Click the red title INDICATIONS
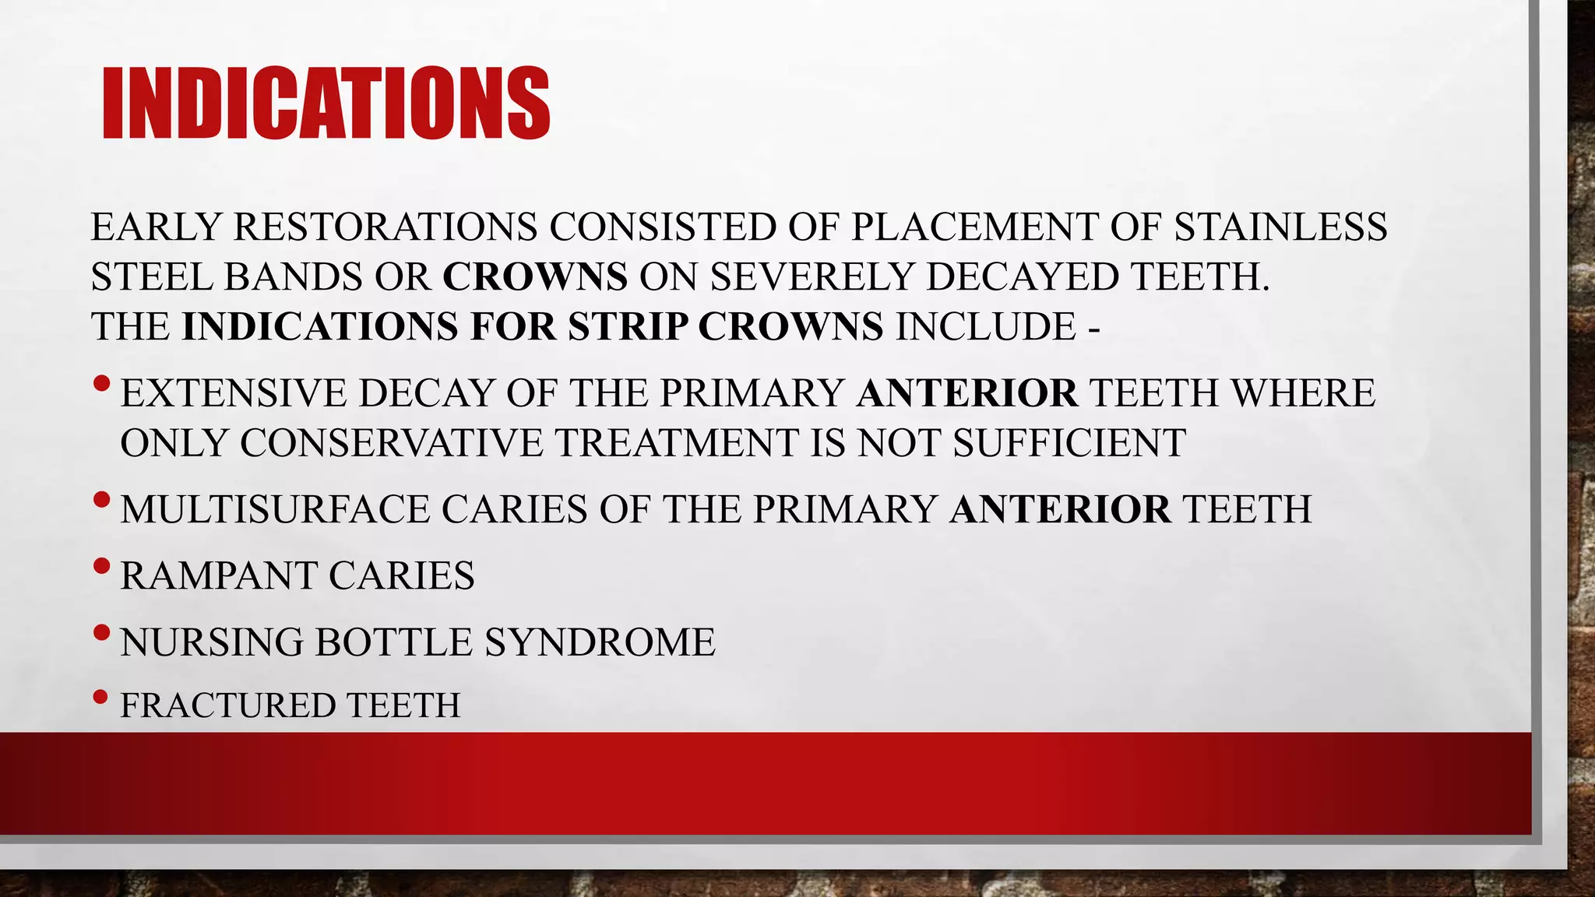[x=326, y=104]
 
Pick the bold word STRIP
[x=628, y=327]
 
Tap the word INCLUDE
[x=985, y=327]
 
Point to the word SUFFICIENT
[x=1069, y=443]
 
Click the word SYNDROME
[x=600, y=642]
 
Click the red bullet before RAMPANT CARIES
[x=101, y=566]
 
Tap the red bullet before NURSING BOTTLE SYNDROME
[x=101, y=632]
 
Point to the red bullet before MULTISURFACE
[x=101, y=500]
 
